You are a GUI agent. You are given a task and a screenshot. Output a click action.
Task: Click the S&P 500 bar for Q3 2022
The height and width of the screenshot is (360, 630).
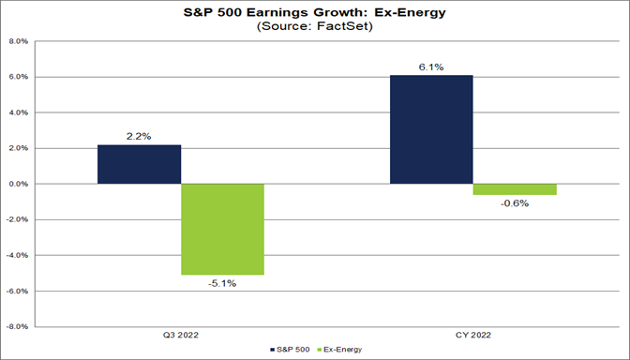139,164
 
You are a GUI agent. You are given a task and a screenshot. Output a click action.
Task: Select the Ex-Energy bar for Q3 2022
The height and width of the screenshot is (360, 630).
222,229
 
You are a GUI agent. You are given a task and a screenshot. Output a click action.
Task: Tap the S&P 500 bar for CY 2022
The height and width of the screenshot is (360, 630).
431,129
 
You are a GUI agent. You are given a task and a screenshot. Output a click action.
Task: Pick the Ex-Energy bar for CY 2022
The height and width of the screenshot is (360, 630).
515,189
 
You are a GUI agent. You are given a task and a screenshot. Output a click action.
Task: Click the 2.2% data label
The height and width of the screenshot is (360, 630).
139,137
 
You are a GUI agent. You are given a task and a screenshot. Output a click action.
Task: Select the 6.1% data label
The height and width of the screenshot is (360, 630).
431,67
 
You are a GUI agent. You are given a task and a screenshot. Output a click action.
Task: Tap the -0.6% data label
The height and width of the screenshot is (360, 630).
515,203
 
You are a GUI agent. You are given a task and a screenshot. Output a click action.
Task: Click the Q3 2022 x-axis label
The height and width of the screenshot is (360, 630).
181,336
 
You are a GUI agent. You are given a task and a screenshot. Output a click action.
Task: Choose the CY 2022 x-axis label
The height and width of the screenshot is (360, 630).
473,336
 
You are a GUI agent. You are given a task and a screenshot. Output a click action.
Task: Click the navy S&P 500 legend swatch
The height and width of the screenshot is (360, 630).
273,350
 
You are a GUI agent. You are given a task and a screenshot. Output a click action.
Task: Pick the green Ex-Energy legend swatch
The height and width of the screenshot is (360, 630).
320,350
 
